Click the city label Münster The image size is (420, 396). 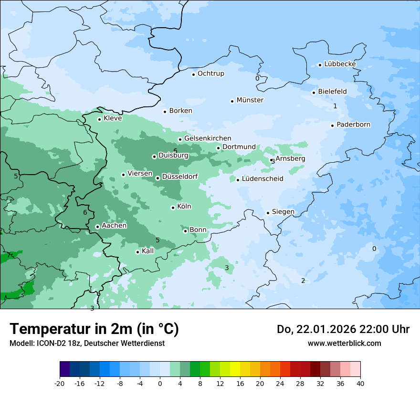point(250,100)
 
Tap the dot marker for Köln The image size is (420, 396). point(173,208)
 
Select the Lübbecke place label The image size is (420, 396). point(340,64)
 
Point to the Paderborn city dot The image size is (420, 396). point(332,125)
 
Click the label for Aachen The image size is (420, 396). point(114,226)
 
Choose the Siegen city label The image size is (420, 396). point(283,212)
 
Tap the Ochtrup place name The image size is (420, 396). point(210,73)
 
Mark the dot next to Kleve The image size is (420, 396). point(99,119)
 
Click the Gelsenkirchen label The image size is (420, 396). point(208,138)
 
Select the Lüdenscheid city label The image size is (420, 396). point(262,179)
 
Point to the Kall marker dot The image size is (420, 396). point(137,252)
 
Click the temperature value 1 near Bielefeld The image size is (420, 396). point(335,106)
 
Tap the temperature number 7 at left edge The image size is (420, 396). point(8,255)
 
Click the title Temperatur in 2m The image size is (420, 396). point(94,329)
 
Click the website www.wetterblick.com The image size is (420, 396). point(344,343)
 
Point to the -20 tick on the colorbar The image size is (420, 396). point(60,384)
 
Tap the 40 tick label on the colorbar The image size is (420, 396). point(360,384)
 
